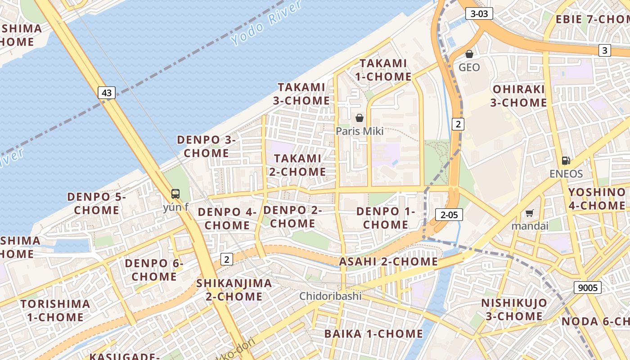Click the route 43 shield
[x=107, y=93]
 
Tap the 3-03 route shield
[x=479, y=13]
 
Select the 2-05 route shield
[x=449, y=215]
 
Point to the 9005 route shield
[x=588, y=287]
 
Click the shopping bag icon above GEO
[x=469, y=54]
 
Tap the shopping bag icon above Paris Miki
[x=360, y=118]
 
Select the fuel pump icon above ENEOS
[x=566, y=161]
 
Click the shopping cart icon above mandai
[x=530, y=213]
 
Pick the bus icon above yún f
[x=175, y=194]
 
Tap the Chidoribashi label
[x=331, y=296]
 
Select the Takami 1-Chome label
[x=383, y=70]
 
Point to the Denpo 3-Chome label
[x=207, y=146]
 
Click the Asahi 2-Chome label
[x=388, y=261]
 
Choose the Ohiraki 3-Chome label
[x=518, y=96]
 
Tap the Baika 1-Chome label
[x=373, y=333]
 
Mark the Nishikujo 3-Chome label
[x=514, y=309]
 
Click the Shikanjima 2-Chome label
[x=234, y=290]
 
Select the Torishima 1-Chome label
[x=55, y=310]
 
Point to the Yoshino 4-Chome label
[x=597, y=199]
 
